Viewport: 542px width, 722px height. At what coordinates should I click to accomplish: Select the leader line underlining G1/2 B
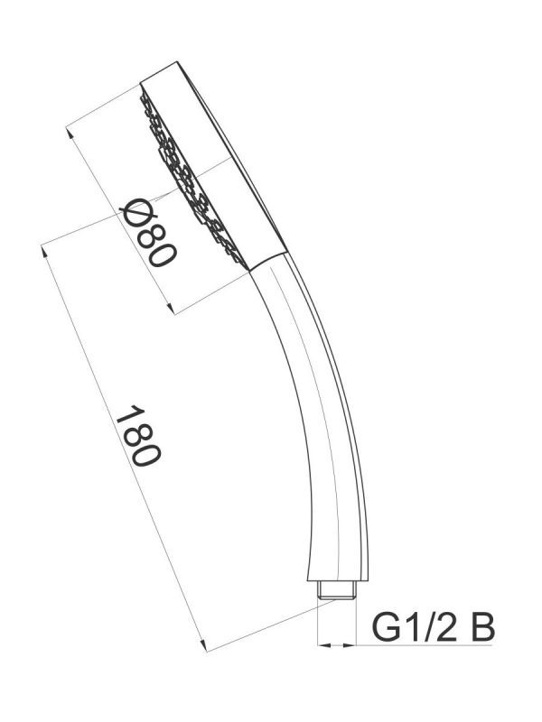tap(425, 645)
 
